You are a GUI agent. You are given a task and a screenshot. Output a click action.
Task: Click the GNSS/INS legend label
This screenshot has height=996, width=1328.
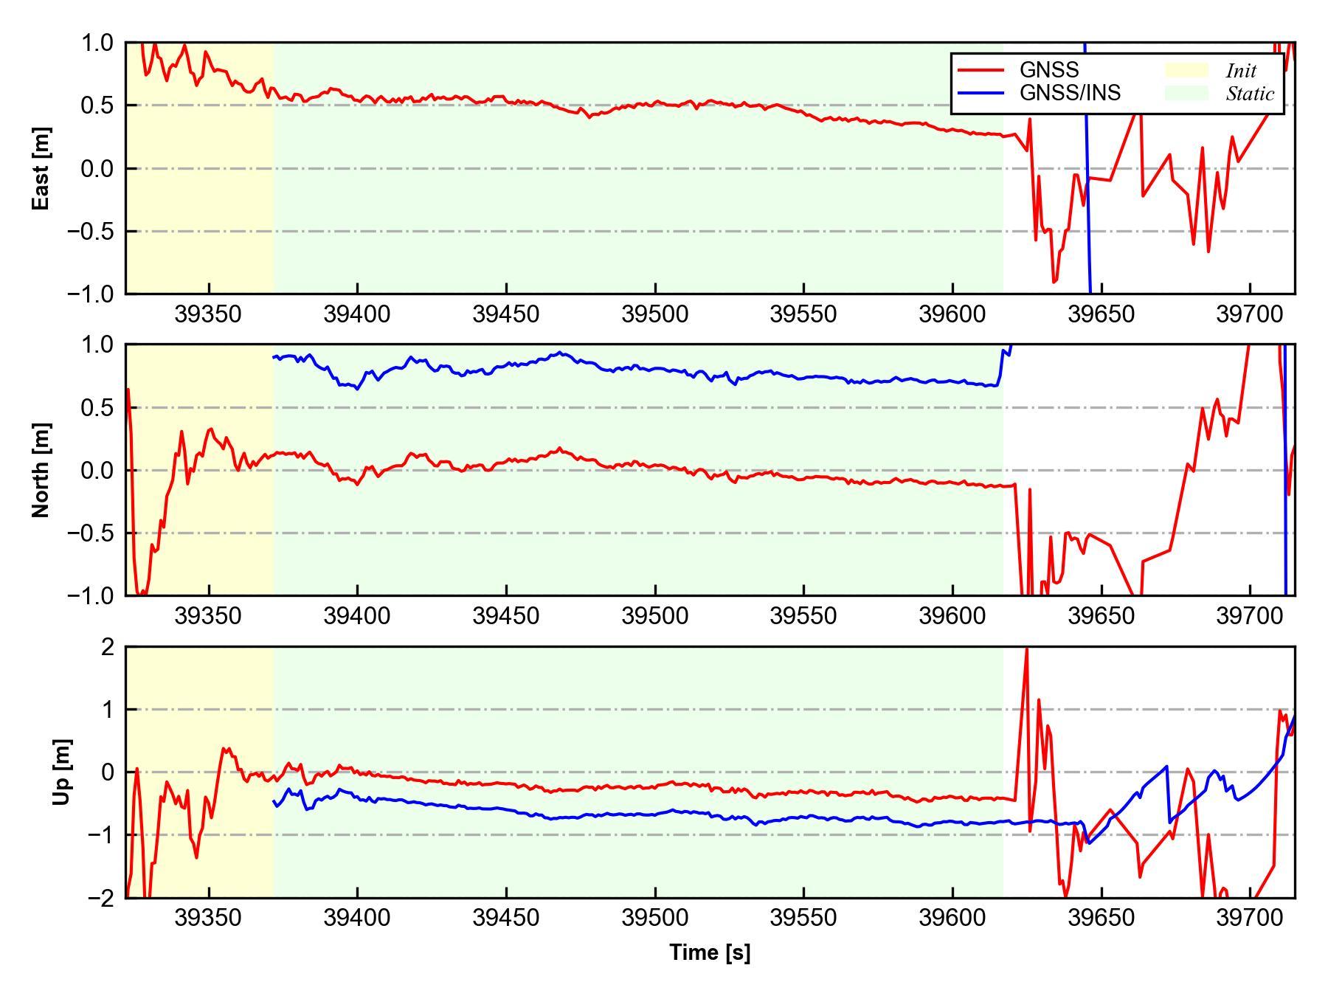(1070, 93)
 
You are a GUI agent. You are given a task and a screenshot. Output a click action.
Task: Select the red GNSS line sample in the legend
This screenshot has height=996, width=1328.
(981, 70)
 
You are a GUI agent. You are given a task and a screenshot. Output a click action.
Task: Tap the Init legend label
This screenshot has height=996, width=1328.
(1241, 71)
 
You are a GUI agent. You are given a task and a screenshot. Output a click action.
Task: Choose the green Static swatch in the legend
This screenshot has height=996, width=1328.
(1186, 93)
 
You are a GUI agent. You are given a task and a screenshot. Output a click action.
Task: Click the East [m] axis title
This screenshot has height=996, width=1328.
(41, 168)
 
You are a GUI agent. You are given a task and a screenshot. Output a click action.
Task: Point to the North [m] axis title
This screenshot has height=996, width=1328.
(41, 470)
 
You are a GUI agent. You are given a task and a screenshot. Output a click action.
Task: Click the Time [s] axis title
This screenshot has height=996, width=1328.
(710, 952)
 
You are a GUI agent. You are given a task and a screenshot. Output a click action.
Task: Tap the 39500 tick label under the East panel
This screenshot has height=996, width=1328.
(654, 314)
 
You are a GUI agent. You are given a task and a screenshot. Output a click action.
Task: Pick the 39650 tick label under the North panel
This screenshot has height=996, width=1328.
(1101, 616)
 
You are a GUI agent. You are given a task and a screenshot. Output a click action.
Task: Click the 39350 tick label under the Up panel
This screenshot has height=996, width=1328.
(208, 918)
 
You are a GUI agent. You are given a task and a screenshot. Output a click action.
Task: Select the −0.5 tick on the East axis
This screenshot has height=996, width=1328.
(91, 232)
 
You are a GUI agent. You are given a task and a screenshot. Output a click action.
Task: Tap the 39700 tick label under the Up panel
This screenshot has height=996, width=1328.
(1250, 918)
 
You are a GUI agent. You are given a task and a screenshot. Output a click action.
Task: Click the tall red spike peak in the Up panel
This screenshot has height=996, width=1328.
(1026, 649)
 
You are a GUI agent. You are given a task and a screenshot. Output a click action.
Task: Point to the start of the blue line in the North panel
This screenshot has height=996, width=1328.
(274, 358)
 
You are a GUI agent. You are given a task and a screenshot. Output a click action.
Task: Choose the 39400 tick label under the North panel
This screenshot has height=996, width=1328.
(357, 616)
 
